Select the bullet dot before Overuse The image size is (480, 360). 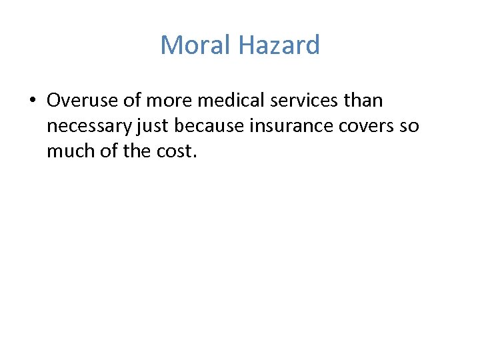pyautogui.click(x=31, y=101)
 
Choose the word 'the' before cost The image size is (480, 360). pyautogui.click(x=135, y=151)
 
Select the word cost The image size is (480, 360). pyautogui.click(x=173, y=151)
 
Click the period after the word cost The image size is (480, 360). pyautogui.click(x=195, y=156)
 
